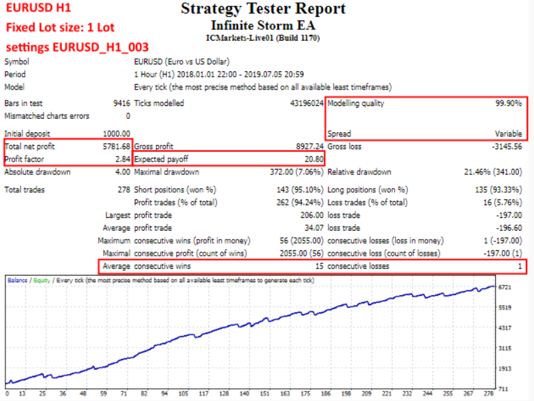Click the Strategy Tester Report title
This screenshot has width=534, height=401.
(263, 9)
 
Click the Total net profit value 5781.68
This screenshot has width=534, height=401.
(116, 146)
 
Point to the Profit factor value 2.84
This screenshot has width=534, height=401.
(122, 159)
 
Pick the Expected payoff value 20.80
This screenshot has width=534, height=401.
(313, 159)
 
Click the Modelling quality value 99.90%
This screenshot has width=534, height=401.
(508, 103)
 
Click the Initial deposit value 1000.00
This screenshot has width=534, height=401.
(117, 134)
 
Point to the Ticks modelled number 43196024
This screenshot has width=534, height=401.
(307, 103)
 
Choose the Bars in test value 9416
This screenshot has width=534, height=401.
(121, 103)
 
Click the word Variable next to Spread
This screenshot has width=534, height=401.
(508, 134)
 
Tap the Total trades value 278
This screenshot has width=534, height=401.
(123, 190)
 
